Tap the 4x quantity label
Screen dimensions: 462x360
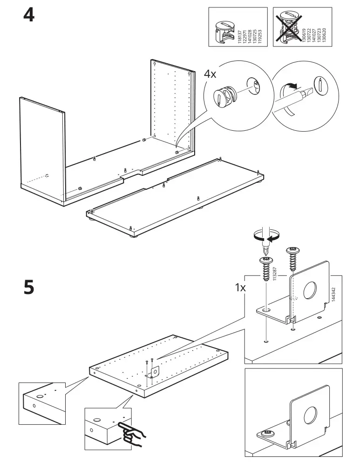(x=211, y=74)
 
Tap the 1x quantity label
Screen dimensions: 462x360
(x=240, y=288)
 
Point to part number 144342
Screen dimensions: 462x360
(x=334, y=294)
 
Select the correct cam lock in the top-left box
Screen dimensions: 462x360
(x=224, y=28)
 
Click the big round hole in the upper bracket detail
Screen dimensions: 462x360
(x=309, y=292)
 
